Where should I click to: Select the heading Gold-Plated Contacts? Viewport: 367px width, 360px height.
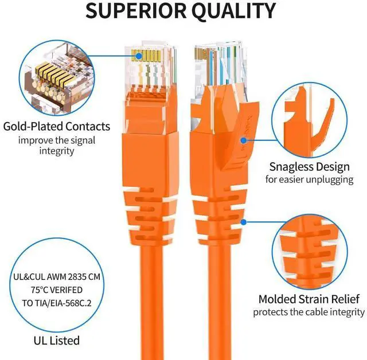[x=56, y=126]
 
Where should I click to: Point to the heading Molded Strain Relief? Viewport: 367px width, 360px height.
[x=309, y=299]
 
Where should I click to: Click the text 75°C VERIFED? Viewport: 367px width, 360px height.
[x=56, y=289]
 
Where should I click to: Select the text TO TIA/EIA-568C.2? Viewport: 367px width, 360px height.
[x=56, y=302]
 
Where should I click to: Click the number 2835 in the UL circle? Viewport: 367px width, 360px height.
[x=75, y=277]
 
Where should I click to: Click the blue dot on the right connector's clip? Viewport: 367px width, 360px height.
[x=244, y=139]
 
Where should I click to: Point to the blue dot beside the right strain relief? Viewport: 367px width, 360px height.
[x=244, y=221]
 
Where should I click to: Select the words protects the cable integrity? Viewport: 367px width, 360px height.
[x=309, y=312]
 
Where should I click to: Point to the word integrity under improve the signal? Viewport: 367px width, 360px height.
[x=56, y=150]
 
